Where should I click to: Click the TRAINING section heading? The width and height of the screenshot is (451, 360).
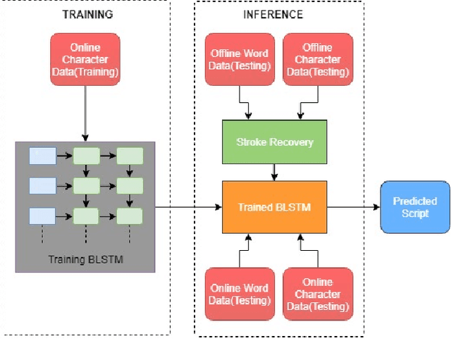coord(87,15)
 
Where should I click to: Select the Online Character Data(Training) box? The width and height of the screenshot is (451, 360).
coord(85,59)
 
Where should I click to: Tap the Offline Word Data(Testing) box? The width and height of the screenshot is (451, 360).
coord(240,59)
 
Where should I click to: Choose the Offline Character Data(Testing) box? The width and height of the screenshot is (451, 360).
coord(316,59)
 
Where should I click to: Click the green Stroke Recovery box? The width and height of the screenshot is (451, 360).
coord(274,142)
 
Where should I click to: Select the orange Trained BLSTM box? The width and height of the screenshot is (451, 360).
coord(274,206)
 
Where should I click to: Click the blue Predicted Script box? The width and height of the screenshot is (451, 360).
coord(414,207)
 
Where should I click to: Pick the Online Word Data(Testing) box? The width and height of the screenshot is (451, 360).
coord(240,294)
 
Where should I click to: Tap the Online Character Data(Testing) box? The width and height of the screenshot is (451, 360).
coord(318,294)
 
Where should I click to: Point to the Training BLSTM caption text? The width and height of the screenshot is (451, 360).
coord(85,259)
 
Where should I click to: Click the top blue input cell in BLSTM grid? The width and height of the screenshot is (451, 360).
coord(42,156)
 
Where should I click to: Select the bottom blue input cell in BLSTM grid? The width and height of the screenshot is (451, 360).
coord(42,215)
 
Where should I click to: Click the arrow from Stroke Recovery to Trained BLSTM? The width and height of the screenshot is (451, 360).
coord(274,172)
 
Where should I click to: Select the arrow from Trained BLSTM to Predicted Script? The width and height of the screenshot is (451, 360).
coord(352,207)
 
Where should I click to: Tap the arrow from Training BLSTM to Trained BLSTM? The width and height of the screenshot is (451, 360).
coord(187,207)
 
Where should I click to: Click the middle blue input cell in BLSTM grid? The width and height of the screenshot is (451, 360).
coord(42,185)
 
